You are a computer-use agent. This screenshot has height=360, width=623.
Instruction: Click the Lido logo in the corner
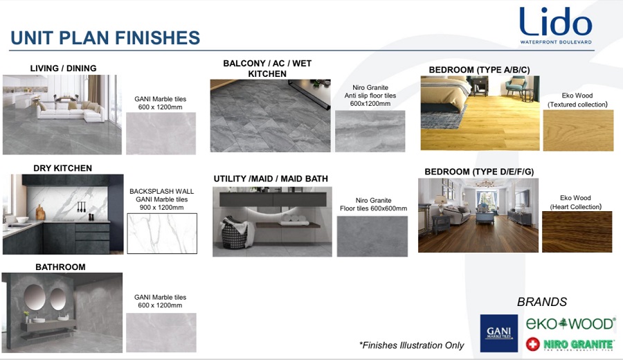point(556,25)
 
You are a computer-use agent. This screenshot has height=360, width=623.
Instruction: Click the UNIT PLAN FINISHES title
point(105,38)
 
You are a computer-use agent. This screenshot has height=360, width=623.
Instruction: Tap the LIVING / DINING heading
point(63,69)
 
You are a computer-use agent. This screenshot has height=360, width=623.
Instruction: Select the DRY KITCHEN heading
point(63,168)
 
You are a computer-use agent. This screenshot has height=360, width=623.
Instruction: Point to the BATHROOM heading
point(60,267)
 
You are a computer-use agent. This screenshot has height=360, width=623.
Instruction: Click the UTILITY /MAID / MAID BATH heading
point(271,179)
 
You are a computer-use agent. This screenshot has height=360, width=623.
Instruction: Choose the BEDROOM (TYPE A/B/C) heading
point(479,70)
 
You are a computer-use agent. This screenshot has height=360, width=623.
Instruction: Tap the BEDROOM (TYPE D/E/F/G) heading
point(479,172)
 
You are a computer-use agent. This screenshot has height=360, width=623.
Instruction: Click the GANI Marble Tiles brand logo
point(498,334)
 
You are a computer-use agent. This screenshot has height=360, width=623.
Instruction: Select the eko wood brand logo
point(570,323)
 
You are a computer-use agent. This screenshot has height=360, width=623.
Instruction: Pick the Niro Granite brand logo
point(570,344)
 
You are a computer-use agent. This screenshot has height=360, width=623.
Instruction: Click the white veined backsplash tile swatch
point(162,233)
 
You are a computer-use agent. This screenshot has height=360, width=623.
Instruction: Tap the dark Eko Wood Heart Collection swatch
point(577,232)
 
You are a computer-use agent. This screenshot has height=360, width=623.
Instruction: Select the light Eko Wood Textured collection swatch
point(578,130)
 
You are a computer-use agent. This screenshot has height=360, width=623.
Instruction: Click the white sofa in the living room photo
point(71,111)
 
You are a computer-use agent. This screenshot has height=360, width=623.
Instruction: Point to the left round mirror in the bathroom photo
point(34,297)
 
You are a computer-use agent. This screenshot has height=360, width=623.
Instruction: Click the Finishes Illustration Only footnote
point(411,345)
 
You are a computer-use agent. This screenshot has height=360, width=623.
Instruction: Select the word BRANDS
point(542,302)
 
